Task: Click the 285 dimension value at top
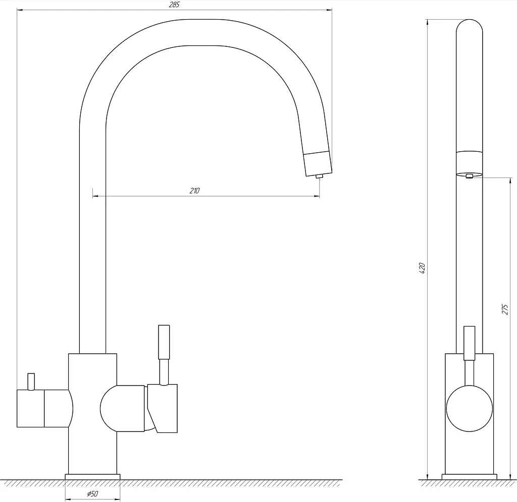click(x=174, y=5)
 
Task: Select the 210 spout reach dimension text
click(x=194, y=191)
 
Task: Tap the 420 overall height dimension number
click(x=422, y=268)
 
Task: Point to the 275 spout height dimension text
click(x=505, y=309)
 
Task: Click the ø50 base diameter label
click(x=93, y=494)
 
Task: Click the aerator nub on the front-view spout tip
click(x=319, y=176)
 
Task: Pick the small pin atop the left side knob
click(x=31, y=382)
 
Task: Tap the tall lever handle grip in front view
click(x=164, y=342)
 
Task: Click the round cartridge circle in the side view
click(x=469, y=408)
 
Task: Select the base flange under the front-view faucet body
click(x=93, y=477)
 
